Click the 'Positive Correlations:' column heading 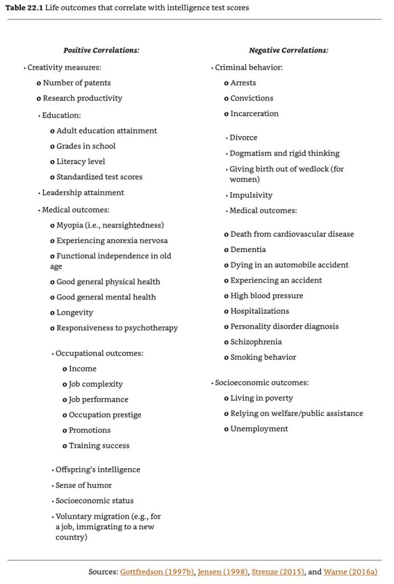pyautogui.click(x=101, y=50)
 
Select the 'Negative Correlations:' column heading pyautogui.click(x=289, y=50)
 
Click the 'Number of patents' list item pyautogui.click(x=76, y=83)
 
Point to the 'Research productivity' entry pyautogui.click(x=82, y=98)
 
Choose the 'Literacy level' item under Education pyautogui.click(x=80, y=161)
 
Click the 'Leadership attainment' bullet pyautogui.click(x=83, y=193)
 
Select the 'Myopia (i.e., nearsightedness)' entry pyautogui.click(x=109, y=225)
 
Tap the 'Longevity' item pyautogui.click(x=74, y=313)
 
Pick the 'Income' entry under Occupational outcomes pyautogui.click(x=82, y=368)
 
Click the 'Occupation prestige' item pyautogui.click(x=105, y=415)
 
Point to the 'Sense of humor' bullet pyautogui.click(x=83, y=485)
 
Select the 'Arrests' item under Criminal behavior pyautogui.click(x=243, y=83)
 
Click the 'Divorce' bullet pyautogui.click(x=243, y=137)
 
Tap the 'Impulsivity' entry pyautogui.click(x=251, y=195)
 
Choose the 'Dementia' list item pyautogui.click(x=247, y=249)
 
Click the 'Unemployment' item pyautogui.click(x=259, y=429)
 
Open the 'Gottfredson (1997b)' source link pyautogui.click(x=156, y=572)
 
